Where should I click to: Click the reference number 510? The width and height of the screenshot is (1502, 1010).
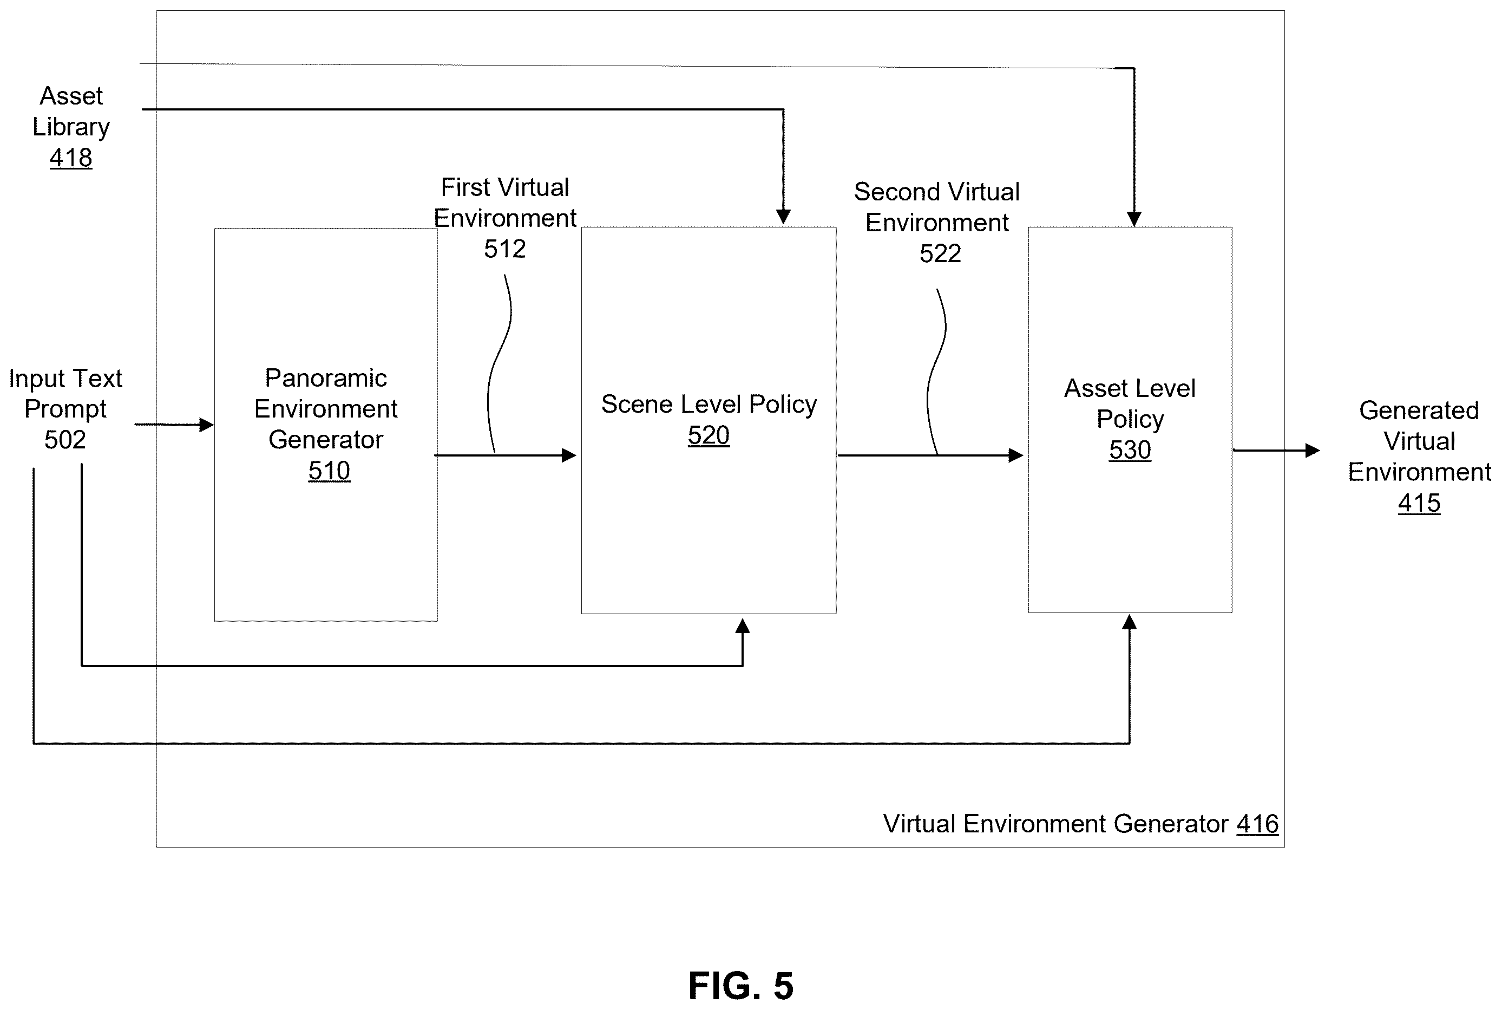(329, 471)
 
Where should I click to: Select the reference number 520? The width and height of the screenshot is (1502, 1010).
(708, 435)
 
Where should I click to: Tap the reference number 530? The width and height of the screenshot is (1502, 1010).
(1130, 449)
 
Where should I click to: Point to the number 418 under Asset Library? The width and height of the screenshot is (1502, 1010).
(71, 158)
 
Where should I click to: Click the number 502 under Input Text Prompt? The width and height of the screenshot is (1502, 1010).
(65, 440)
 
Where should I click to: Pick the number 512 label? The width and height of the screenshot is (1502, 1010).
(505, 249)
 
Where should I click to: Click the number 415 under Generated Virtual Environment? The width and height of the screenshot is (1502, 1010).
(1419, 503)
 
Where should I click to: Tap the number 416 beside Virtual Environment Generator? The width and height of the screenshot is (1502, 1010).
(1257, 824)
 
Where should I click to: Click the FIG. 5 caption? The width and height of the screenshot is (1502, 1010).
(740, 986)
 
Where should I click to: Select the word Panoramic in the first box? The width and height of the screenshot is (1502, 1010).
(326, 378)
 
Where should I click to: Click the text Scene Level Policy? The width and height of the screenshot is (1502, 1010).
(709, 405)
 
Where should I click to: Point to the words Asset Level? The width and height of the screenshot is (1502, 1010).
(1130, 388)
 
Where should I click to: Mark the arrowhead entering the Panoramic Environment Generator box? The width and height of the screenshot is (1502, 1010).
(207, 425)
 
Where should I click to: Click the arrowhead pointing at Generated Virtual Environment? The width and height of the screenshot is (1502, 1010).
(1313, 450)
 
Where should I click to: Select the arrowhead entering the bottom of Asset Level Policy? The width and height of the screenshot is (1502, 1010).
(1129, 622)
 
